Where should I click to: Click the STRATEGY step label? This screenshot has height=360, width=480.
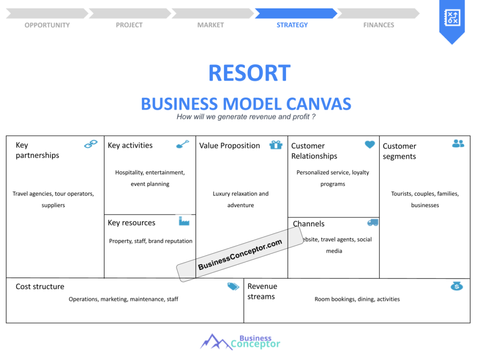pos(292,25)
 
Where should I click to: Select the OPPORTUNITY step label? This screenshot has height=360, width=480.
pos(47,25)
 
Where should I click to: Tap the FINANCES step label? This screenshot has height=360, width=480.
pos(379,25)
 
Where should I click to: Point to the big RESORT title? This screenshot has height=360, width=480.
pos(249,73)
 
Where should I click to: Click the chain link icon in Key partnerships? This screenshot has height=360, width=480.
pos(91,144)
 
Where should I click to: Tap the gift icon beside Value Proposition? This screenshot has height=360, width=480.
pos(276,145)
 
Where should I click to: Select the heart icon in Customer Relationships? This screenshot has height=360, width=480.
pos(370,144)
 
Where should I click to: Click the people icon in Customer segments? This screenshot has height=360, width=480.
pos(458,143)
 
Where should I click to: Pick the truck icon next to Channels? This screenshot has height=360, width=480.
pos(373,223)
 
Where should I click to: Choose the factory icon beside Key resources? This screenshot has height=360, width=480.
pos(184,221)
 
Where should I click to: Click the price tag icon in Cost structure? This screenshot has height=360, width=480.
pos(233,286)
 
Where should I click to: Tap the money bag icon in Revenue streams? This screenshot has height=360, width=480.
pos(457,286)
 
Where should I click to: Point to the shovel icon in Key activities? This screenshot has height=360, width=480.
pos(183,144)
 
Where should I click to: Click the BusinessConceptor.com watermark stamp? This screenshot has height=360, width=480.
pos(240,254)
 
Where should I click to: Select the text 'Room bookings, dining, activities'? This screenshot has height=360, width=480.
pos(357,299)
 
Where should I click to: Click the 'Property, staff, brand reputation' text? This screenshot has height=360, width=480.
pos(150,241)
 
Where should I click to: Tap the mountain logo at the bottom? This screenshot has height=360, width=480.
pos(216,342)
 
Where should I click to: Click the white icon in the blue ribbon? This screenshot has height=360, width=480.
pos(452,17)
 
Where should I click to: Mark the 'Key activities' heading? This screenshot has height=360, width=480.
pos(130,145)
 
